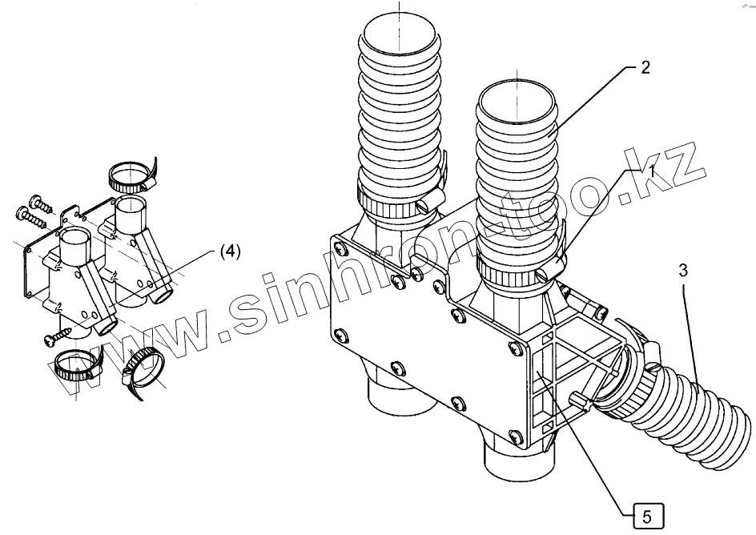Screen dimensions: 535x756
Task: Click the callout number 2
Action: pos(645,67)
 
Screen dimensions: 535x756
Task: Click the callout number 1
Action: pos(653,171)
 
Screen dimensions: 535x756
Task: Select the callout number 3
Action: pos(683,271)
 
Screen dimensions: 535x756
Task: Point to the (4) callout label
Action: pos(228,251)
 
